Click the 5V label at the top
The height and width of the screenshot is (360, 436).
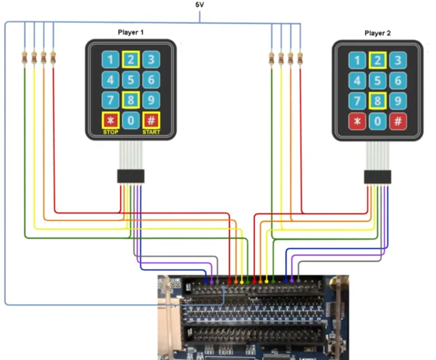pyautogui.click(x=200, y=5)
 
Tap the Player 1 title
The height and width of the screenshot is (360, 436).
pyautogui.click(x=130, y=32)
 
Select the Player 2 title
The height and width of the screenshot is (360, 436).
pyautogui.click(x=377, y=33)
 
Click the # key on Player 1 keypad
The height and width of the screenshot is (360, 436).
pyautogui.click(x=151, y=120)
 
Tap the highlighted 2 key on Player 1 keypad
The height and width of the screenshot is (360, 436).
pyautogui.click(x=130, y=59)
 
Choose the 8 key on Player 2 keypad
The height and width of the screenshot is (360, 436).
pyautogui.click(x=377, y=101)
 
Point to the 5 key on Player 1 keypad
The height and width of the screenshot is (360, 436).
pyautogui.click(x=130, y=80)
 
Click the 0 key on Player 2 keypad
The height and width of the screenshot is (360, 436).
pyautogui.click(x=377, y=121)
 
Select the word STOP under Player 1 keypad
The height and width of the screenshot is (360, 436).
pyautogui.click(x=110, y=132)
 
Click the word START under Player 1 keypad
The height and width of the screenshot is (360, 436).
pyautogui.click(x=151, y=132)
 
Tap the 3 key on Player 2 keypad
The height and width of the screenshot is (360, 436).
pyautogui.click(x=398, y=60)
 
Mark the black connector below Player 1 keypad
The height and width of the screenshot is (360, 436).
pyautogui.click(x=130, y=176)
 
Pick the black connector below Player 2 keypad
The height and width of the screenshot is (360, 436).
pyautogui.click(x=377, y=177)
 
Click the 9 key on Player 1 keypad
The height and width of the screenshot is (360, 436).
pyautogui.click(x=151, y=100)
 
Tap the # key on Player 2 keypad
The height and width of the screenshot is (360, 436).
pyautogui.click(x=398, y=121)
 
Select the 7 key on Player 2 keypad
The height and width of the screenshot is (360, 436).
pyautogui.click(x=357, y=101)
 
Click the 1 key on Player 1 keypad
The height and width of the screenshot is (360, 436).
pyautogui.click(x=110, y=59)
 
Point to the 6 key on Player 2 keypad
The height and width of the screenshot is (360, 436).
pyautogui.click(x=398, y=81)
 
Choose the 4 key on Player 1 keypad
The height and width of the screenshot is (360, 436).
pyautogui.click(x=110, y=80)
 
